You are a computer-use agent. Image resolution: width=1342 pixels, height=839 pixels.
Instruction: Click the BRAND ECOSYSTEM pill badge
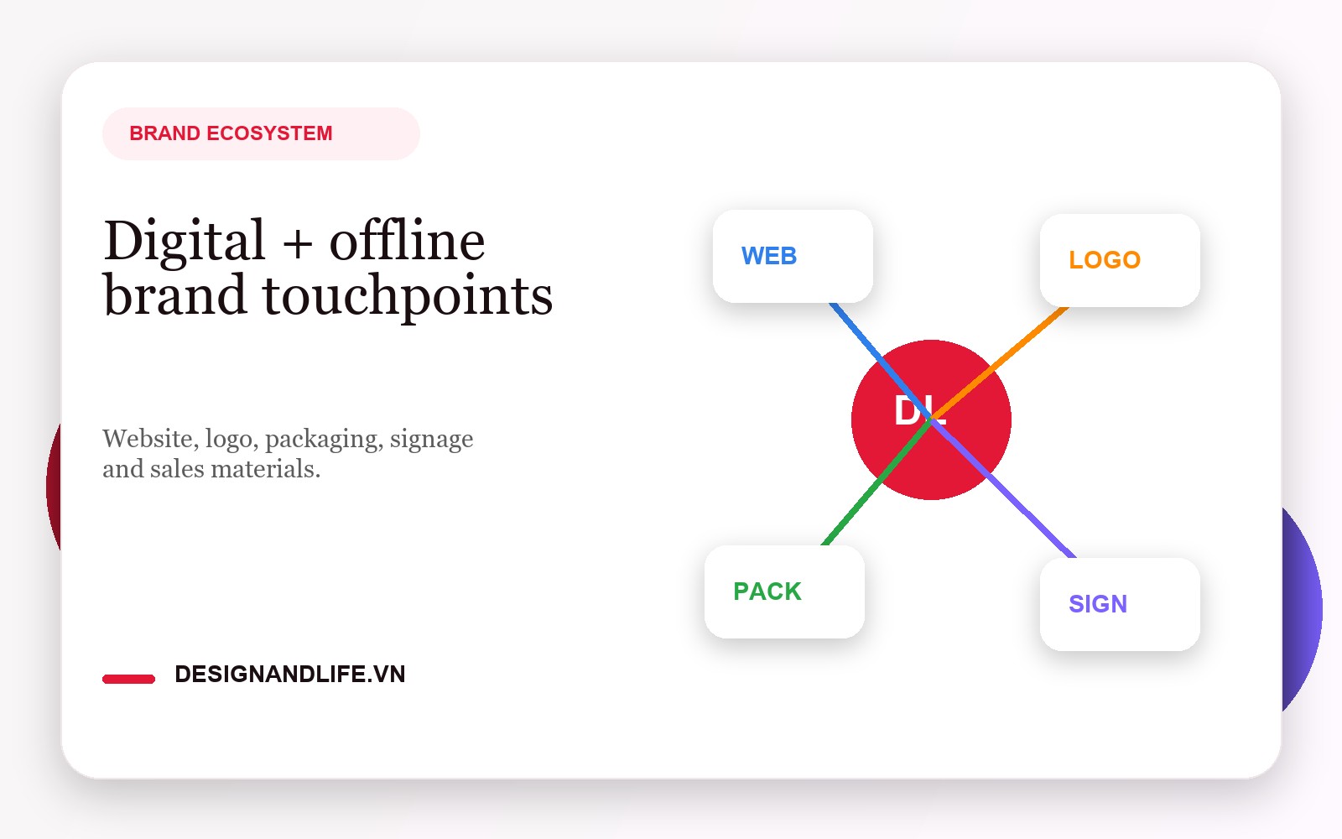point(260,133)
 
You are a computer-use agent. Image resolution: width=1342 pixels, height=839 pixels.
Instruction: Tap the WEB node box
point(793,256)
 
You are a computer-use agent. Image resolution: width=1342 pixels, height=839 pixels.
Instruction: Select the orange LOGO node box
point(1120,260)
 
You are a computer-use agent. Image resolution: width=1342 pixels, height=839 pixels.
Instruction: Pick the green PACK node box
point(784,591)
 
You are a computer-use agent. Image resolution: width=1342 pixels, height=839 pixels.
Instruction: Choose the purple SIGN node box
point(1120,604)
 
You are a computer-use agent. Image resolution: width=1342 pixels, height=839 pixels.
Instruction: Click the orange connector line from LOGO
point(1027,340)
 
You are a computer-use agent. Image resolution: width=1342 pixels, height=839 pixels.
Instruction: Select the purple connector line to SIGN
point(1032,516)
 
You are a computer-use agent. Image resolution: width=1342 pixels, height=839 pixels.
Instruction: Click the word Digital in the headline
point(185,242)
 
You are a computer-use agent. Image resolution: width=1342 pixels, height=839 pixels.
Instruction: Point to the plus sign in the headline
point(297,244)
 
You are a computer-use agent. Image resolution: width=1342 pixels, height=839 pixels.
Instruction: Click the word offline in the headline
point(407,242)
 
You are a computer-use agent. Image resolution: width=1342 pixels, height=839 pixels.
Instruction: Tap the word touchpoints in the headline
point(408,297)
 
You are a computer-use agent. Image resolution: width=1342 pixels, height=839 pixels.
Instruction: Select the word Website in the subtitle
point(147,439)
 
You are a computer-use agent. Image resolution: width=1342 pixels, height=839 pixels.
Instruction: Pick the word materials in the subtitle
point(265,469)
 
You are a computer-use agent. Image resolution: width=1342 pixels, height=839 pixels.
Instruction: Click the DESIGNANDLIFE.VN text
point(289,675)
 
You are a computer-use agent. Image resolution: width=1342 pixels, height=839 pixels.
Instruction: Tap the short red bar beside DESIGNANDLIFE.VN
point(128,679)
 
